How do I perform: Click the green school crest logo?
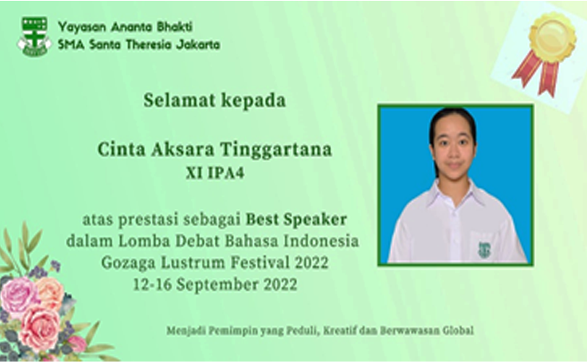pyautogui.click(x=34, y=37)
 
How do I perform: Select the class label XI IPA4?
pyautogui.click(x=215, y=173)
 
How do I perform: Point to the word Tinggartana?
pyautogui.click(x=276, y=150)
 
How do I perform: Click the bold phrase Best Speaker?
pyautogui.click(x=296, y=219)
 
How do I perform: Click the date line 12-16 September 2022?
pyautogui.click(x=215, y=285)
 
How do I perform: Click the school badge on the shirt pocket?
pyautogui.click(x=484, y=249)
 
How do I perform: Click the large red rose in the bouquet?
pyautogui.click(x=40, y=328)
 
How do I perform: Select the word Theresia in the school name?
pyautogui.click(x=149, y=45)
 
